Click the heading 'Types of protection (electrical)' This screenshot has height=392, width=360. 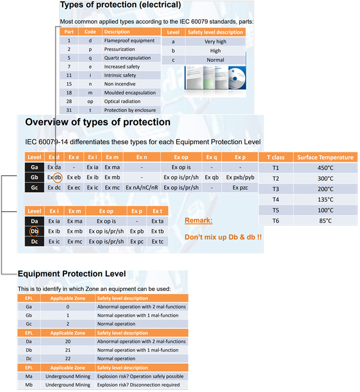click(x=124, y=5)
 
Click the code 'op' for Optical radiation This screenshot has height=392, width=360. click(x=89, y=102)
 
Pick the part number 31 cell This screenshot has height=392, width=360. click(x=69, y=110)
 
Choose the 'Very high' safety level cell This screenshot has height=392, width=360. click(x=215, y=42)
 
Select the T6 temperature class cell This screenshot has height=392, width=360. click(x=276, y=221)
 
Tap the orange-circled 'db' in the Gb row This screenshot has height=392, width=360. click(x=57, y=177)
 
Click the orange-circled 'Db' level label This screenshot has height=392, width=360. click(x=35, y=231)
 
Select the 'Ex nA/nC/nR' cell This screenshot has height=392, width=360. click(x=141, y=187)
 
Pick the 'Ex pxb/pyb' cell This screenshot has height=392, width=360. click(x=240, y=177)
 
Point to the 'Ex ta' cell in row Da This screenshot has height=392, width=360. click(x=157, y=221)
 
